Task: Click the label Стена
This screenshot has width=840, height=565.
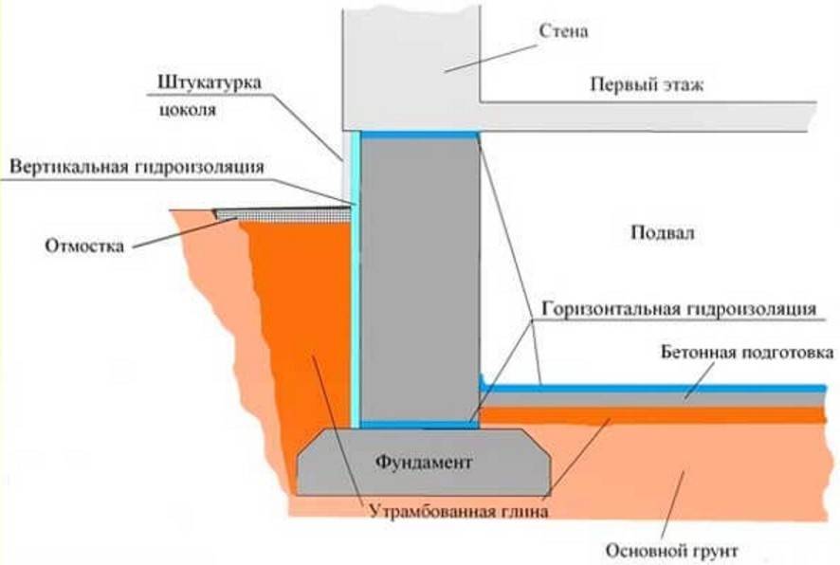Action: tap(564, 31)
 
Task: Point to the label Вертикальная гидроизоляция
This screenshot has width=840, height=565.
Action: tap(137, 167)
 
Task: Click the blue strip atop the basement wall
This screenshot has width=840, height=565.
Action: tap(418, 136)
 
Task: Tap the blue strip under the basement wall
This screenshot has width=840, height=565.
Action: tap(418, 424)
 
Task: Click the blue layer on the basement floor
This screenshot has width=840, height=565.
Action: tap(654, 388)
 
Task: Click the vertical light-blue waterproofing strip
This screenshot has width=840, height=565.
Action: tap(356, 284)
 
